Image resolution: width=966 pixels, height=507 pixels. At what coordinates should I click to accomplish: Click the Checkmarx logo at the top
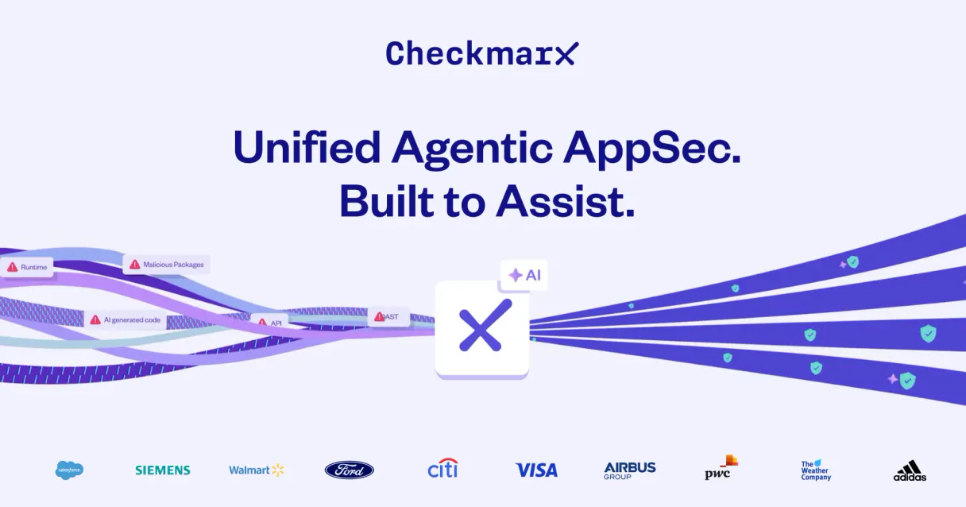coord(482,54)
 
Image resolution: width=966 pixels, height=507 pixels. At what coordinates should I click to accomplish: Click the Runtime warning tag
coord(28,267)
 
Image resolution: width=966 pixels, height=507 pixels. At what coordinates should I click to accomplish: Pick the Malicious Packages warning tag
coord(167,264)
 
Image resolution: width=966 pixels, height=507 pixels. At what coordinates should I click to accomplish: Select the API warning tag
coord(270,323)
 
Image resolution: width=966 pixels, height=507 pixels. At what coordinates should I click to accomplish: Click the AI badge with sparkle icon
coord(524,275)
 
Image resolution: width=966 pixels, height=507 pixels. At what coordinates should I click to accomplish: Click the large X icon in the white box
coord(481,326)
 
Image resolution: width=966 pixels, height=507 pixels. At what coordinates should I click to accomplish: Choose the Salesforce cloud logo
coord(69,470)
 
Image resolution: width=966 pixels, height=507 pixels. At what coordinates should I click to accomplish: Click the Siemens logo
coord(163,470)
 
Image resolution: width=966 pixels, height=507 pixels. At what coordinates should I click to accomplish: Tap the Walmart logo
coord(256,470)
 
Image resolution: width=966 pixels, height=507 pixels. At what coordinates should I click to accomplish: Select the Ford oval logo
coord(350,470)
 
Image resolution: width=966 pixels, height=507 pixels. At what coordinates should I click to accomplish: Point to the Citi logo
coord(442,468)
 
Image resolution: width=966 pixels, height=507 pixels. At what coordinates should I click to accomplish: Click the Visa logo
coord(536,470)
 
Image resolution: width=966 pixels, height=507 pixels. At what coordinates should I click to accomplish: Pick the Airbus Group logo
coord(630,470)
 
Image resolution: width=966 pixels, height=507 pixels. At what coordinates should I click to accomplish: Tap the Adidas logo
coord(910,470)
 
